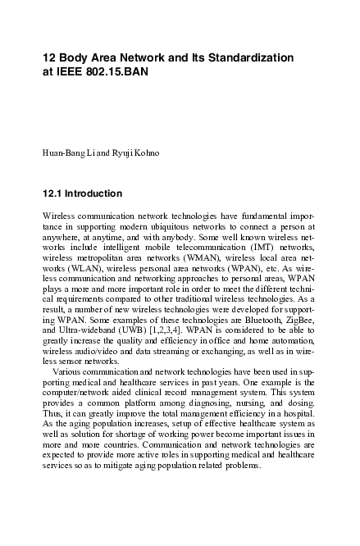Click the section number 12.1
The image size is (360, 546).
pyautogui.click(x=53, y=193)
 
